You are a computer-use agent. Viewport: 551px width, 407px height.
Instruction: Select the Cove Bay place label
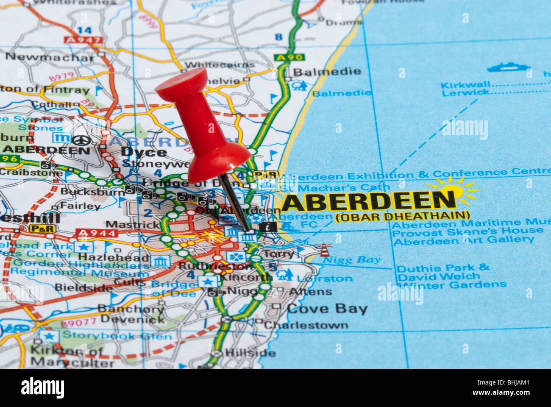tap(327, 309)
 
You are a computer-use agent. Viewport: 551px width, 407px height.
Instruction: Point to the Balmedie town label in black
tap(327, 71)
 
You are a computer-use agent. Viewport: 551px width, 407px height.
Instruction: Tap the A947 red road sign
tap(83, 40)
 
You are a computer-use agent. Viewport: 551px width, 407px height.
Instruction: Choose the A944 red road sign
tap(97, 233)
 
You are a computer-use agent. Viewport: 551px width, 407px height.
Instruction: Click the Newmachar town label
tap(50, 57)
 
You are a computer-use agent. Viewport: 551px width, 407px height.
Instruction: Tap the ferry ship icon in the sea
tap(508, 67)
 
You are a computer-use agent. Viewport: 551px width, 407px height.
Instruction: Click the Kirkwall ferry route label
tap(465, 84)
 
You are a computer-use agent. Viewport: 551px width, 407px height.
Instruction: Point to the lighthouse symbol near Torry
tap(324, 250)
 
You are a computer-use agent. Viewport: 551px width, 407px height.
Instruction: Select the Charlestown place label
tap(306, 325)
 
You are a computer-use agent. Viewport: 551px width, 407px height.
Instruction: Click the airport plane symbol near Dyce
tap(79, 140)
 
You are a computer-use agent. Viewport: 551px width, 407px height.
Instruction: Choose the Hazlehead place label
tap(114, 257)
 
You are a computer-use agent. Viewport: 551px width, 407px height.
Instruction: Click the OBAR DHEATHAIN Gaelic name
tap(402, 216)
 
